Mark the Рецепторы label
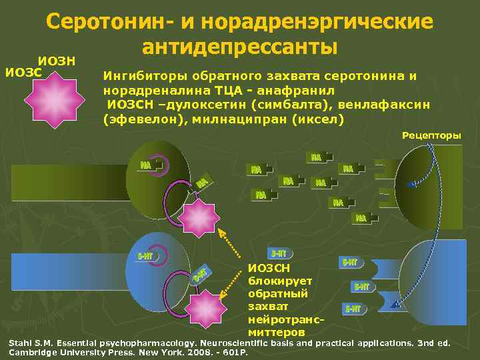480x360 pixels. pos(431,135)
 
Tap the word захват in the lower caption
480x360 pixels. pos(267,306)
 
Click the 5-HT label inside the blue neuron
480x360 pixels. pos(145,257)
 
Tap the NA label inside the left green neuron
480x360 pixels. pos(146,165)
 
